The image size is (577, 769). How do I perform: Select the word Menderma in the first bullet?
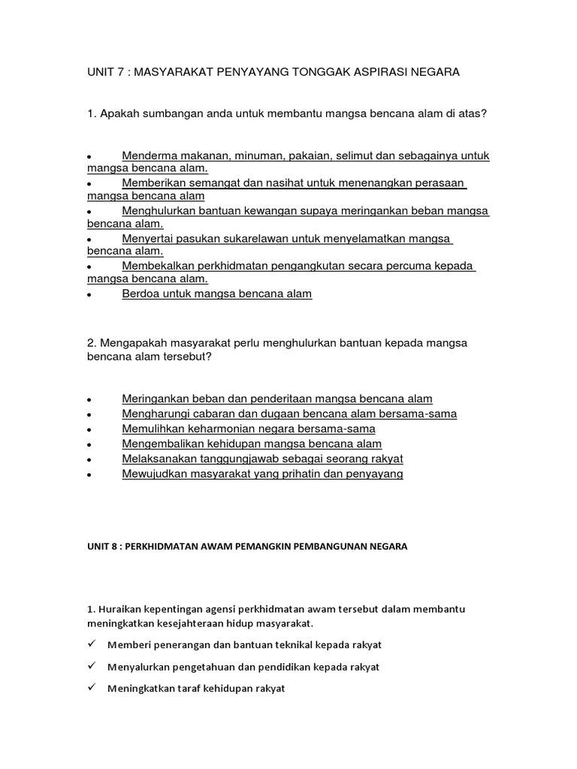[x=150, y=155]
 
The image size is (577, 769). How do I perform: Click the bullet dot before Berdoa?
[x=89, y=295]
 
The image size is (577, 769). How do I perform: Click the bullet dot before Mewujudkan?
[x=89, y=475]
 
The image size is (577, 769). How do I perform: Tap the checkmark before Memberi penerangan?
[x=91, y=644]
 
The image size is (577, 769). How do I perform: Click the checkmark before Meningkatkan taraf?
[x=91, y=688]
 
